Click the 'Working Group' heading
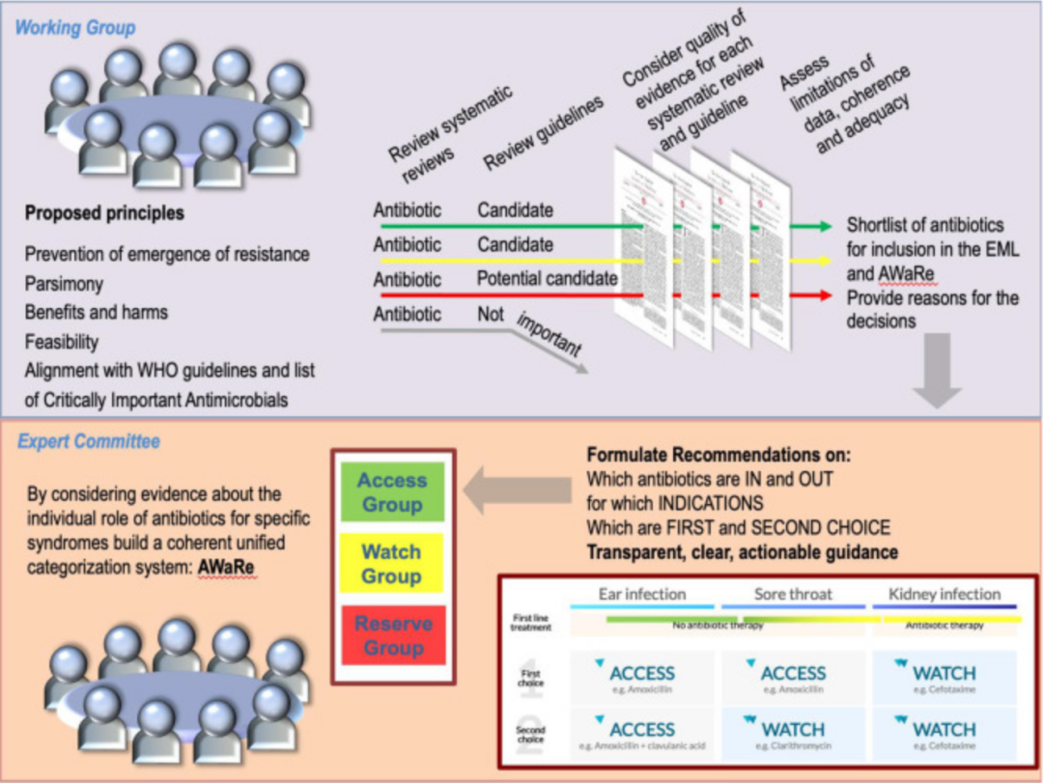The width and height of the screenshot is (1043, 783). click(74, 27)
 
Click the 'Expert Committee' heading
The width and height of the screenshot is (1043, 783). click(89, 442)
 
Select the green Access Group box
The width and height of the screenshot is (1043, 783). click(392, 491)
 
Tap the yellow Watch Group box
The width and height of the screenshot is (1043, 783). click(392, 564)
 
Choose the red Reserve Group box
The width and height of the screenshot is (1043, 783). click(392, 635)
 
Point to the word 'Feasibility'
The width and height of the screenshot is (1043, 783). click(62, 342)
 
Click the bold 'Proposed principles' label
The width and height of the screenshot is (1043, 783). click(103, 212)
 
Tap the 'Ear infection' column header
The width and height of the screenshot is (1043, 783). click(641, 594)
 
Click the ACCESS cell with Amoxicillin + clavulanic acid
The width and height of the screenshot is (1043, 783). click(641, 735)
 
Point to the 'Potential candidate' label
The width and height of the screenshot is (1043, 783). click(547, 279)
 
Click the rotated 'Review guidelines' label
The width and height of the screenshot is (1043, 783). click(544, 135)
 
